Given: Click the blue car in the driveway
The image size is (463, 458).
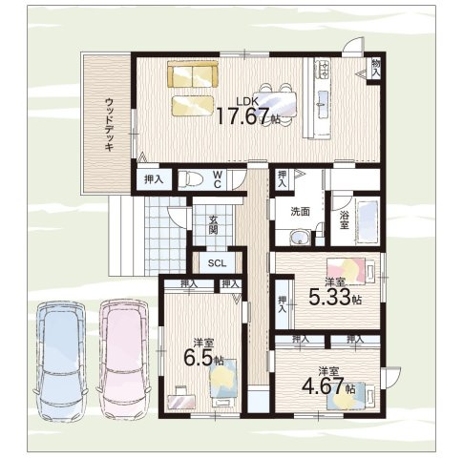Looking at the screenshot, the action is (x=60, y=362).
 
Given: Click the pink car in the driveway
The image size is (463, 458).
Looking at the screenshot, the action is (x=124, y=360).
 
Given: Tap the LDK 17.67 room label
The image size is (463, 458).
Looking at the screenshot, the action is (x=247, y=112).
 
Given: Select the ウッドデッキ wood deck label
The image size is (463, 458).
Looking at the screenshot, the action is (x=109, y=125).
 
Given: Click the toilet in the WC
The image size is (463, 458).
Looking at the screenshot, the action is (x=191, y=180).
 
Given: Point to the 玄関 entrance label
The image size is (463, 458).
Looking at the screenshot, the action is (x=213, y=225).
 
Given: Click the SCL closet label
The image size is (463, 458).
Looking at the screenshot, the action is (x=217, y=263).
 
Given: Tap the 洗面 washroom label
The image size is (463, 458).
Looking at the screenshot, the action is (x=300, y=212).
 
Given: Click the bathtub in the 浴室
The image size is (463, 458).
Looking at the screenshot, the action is (x=367, y=220).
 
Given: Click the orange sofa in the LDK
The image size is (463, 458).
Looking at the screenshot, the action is (x=193, y=74).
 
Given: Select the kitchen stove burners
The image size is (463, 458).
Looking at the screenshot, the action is (x=323, y=69).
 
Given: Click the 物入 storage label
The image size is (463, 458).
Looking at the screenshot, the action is (x=376, y=68).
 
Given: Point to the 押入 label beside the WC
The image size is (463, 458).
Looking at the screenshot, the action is (x=154, y=179).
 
